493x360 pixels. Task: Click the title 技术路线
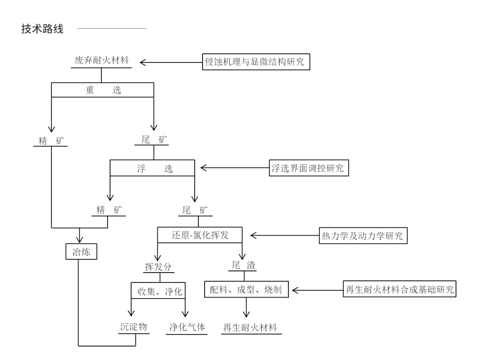click(x=42, y=29)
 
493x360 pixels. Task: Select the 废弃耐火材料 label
click(x=101, y=60)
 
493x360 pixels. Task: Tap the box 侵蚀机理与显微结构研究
click(x=256, y=62)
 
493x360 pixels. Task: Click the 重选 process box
click(x=103, y=90)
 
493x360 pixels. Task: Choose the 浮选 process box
click(x=152, y=168)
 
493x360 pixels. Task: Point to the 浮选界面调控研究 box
click(x=309, y=168)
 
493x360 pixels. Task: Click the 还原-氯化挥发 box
click(x=200, y=235)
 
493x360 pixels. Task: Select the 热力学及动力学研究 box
click(x=363, y=236)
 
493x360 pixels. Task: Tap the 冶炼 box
click(x=81, y=252)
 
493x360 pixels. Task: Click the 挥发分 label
click(x=158, y=267)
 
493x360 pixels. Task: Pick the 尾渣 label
click(x=243, y=265)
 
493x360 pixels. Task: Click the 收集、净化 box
click(x=158, y=291)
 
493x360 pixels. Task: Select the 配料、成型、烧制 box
click(x=246, y=289)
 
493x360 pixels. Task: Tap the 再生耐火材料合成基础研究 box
click(x=399, y=289)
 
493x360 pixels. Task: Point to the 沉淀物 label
click(x=134, y=327)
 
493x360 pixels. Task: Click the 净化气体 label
click(x=187, y=328)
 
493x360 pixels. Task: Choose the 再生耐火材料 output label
click(x=250, y=328)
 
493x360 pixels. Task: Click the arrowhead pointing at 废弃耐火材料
click(x=143, y=62)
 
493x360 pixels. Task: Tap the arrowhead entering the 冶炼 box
click(x=79, y=240)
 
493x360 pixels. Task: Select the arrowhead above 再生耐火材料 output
click(x=246, y=314)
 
